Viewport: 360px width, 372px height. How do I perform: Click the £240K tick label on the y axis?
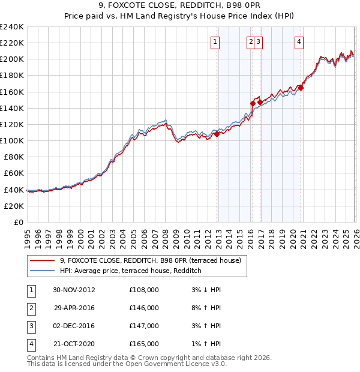11,27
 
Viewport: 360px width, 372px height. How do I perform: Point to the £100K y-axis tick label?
11,140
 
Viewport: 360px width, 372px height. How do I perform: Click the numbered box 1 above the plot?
215,41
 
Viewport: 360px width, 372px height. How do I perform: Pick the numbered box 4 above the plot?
298,41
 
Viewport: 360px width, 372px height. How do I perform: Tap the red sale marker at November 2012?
217,134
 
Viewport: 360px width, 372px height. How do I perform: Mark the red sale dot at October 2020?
301,88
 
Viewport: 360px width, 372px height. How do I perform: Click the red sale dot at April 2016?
253,103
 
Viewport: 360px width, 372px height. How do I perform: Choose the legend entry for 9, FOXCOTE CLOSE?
150,260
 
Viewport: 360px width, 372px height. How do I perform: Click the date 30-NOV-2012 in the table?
74,290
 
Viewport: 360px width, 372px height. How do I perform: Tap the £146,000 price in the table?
144,308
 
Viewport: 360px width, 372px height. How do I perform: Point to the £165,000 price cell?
144,344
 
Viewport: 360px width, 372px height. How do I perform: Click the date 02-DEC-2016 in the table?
74,326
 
